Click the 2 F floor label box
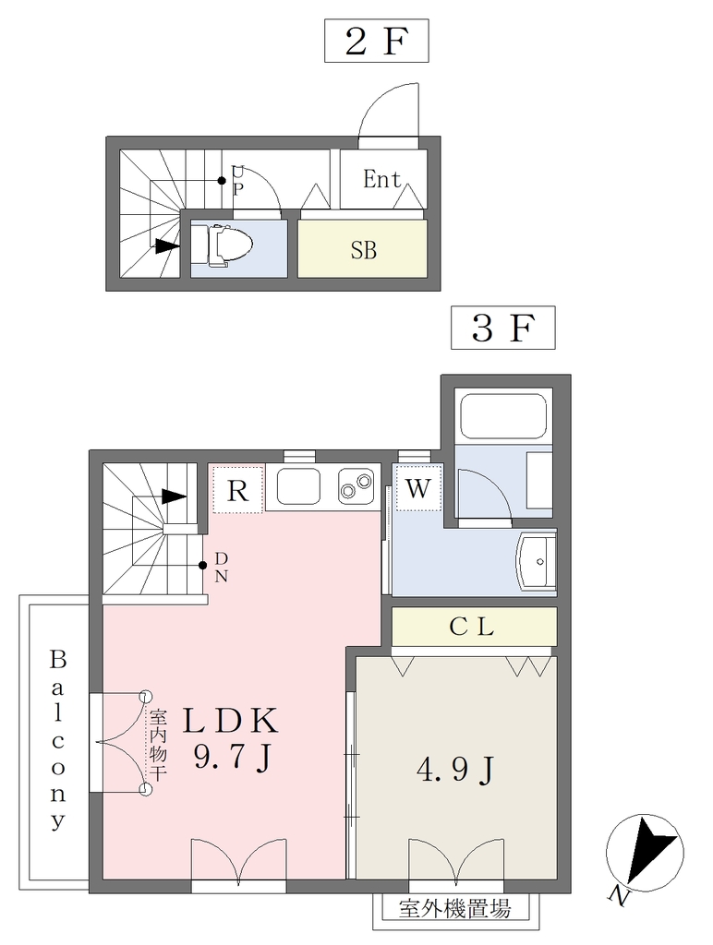pos(377,41)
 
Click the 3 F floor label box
pos(503,328)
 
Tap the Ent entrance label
pos(381,179)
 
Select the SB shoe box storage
pos(363,248)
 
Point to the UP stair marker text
pos(238,181)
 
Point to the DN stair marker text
pos(222,568)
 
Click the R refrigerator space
pos(237,489)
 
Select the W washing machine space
pos(418,487)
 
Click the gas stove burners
pos(356,487)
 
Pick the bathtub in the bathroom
pos(503,417)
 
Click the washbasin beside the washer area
pos(536,561)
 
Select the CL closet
pos(474,627)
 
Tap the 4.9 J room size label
pos(455,770)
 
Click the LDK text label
pos(231,720)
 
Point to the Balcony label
pos(58,740)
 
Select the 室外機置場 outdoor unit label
pos(454,908)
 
